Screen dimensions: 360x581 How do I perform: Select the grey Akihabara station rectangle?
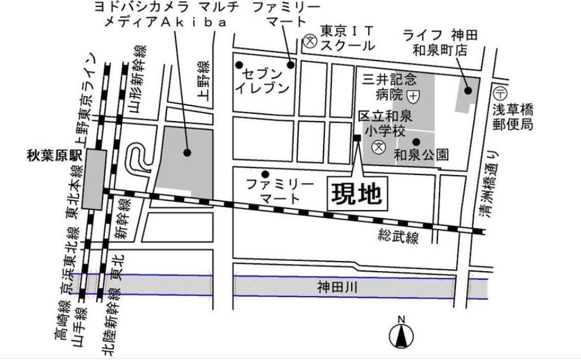click(95, 179)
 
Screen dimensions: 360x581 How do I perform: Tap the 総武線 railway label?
click(398, 237)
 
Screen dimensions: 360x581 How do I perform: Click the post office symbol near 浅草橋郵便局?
click(500, 93)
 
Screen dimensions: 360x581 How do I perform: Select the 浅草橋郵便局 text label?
click(513, 117)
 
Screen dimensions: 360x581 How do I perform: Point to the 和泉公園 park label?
click(421, 155)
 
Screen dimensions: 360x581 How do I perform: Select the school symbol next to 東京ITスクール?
click(309, 41)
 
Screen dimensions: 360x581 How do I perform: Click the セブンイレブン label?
click(263, 81)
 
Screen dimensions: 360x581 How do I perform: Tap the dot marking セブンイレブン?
click(240, 65)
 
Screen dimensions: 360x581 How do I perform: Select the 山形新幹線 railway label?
click(138, 81)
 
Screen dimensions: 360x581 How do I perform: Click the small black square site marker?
click(357, 138)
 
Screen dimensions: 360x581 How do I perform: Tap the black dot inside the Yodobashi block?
click(187, 152)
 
